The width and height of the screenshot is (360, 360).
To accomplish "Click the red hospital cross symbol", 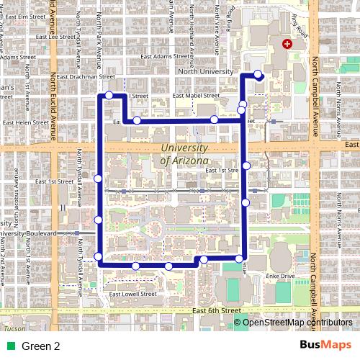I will click(288, 44).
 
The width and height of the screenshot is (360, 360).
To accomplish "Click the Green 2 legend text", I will click(40, 346).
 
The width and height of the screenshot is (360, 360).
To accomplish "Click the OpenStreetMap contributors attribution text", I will click(298, 322).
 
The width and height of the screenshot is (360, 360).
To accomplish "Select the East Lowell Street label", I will click(132, 294).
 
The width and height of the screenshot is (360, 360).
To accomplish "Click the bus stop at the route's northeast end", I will click(258, 73).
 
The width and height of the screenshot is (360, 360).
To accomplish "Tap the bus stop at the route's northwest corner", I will click(108, 95).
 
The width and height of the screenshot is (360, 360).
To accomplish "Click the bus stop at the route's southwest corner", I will click(99, 256).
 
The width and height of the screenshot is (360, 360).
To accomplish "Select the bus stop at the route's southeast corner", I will click(240, 258).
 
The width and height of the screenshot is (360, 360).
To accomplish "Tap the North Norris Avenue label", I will click(338, 108).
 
